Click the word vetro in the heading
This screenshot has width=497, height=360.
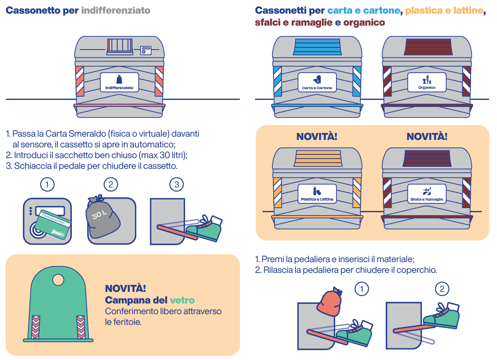tap(182, 300)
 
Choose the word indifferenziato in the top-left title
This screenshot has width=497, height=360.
tap(116, 10)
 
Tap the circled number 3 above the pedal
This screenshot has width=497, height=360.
tap(177, 184)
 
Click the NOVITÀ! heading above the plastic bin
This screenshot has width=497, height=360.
tap(317, 137)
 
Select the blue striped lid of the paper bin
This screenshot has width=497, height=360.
tap(317, 47)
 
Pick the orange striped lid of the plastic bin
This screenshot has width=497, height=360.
tap(317, 159)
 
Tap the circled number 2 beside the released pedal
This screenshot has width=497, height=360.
tap(442, 289)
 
